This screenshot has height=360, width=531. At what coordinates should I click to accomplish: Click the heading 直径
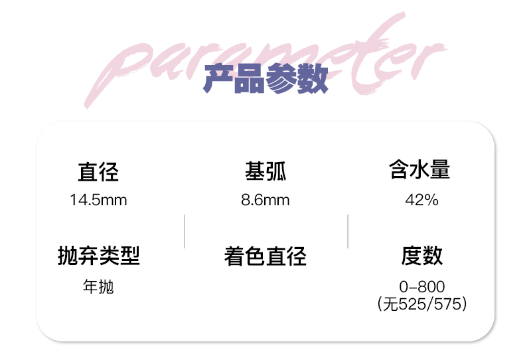98,173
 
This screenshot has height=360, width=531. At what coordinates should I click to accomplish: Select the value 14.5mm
98,200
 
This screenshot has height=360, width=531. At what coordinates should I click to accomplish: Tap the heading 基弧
265,172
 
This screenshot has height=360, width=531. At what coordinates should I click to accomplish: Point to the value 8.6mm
265,200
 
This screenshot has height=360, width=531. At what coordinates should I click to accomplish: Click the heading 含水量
419,171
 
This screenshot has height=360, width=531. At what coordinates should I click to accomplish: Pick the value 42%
421,200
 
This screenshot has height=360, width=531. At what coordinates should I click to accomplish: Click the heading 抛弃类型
99,256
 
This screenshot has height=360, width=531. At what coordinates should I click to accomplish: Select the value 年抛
98,288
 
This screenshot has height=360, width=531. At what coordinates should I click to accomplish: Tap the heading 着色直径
265,256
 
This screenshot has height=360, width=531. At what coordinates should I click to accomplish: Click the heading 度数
421,256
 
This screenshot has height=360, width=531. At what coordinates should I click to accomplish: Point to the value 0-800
422,287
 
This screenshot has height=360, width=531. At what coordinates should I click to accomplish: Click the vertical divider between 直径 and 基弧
185,231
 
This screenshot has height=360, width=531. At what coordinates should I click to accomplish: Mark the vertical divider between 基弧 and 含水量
348,231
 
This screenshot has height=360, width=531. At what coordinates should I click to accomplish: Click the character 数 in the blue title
313,80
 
